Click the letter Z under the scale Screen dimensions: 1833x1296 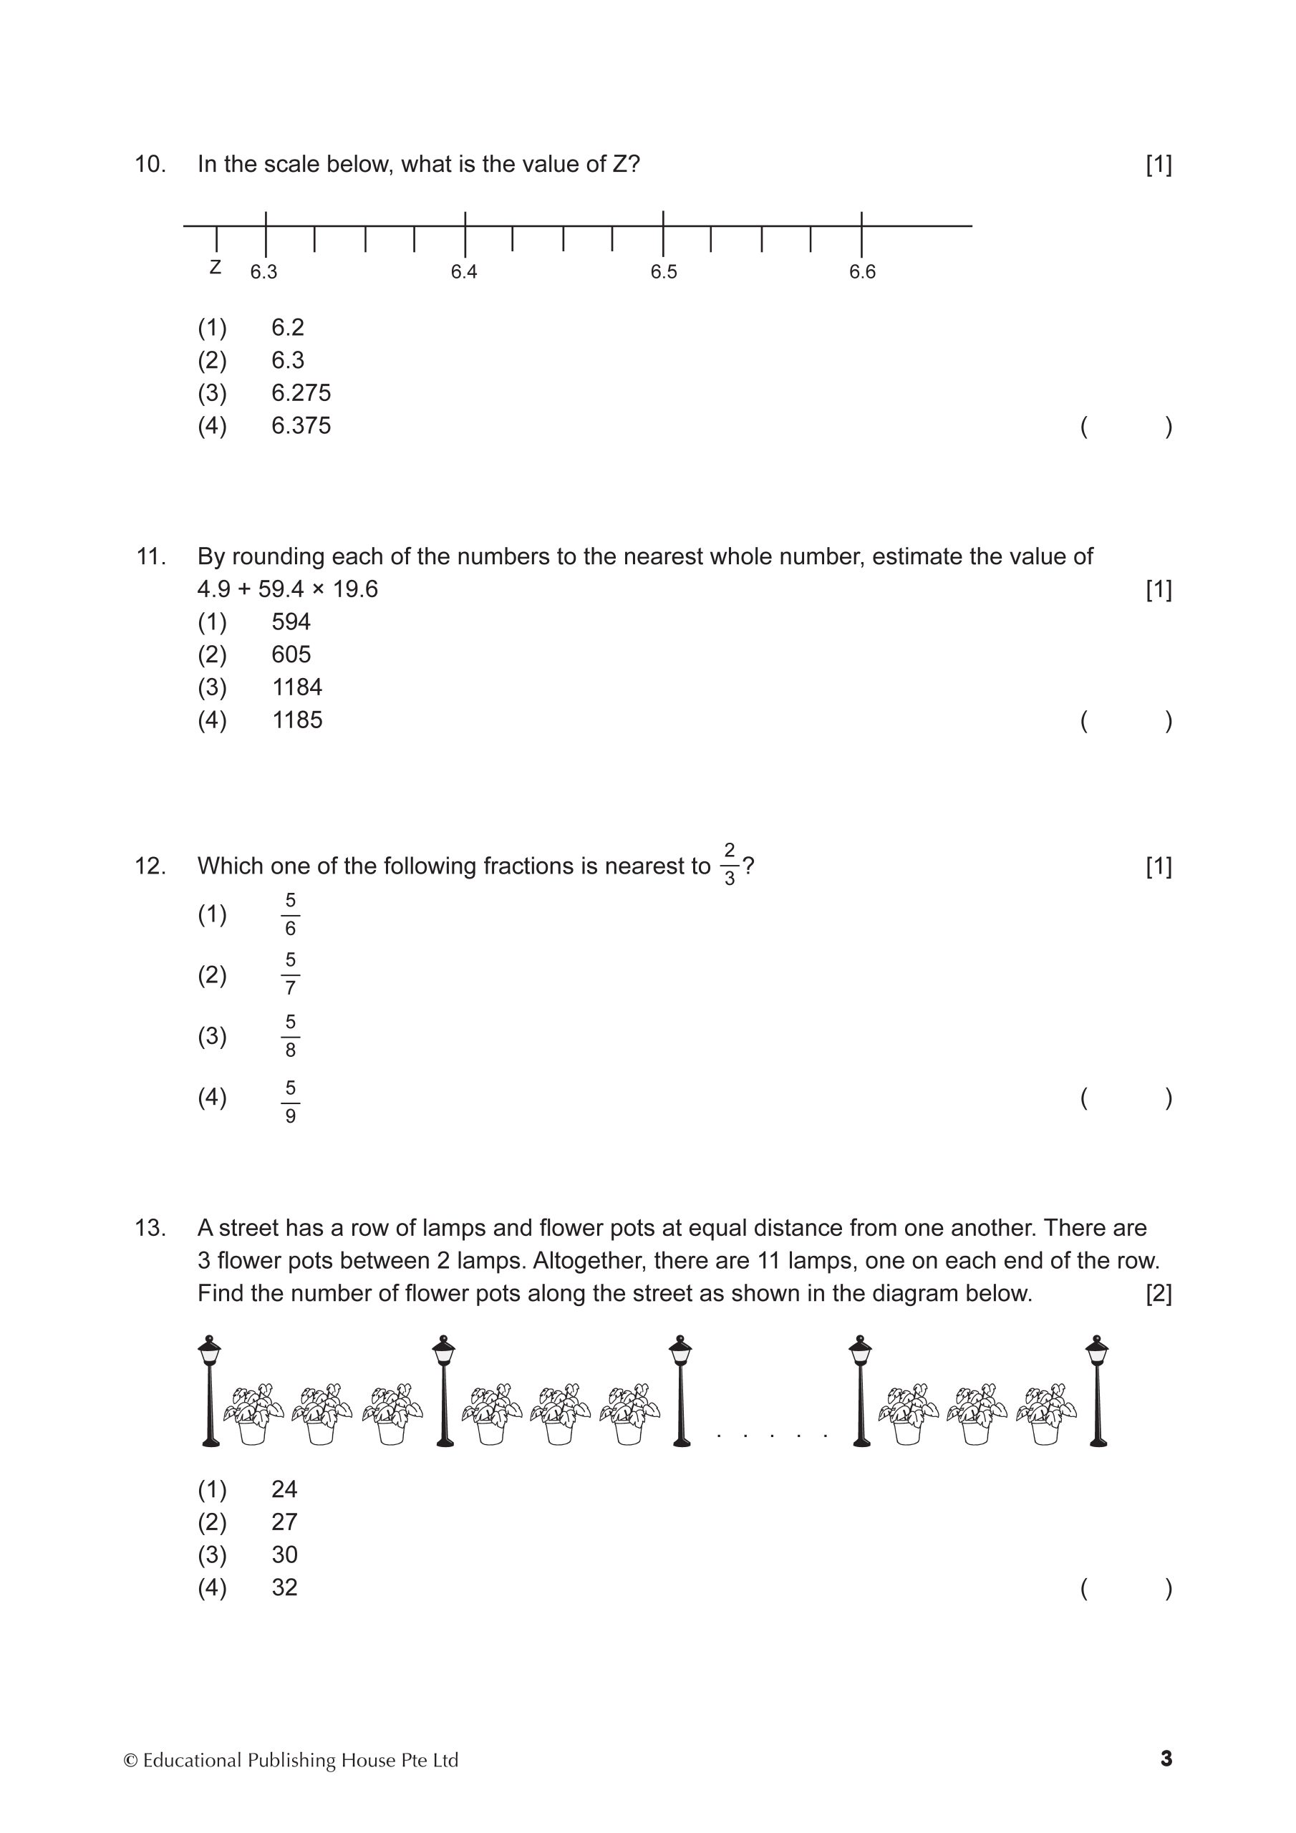click(x=215, y=268)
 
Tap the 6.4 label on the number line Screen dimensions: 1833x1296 click(x=463, y=272)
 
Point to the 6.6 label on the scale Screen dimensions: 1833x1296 click(x=862, y=272)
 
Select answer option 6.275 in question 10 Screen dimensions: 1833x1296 click(x=300, y=393)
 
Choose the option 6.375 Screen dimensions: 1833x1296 click(x=300, y=425)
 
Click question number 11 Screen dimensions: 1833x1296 click(x=151, y=556)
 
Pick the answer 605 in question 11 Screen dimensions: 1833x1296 click(x=291, y=654)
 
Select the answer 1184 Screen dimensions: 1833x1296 click(x=297, y=687)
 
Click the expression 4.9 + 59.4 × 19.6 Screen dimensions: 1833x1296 click(x=287, y=589)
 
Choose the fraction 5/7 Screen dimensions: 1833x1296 click(x=290, y=974)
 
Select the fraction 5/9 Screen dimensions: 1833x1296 click(x=290, y=1102)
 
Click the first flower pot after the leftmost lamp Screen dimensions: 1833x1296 click(x=253, y=1414)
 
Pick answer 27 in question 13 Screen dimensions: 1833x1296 click(x=284, y=1522)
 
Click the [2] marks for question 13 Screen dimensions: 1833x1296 click(x=1159, y=1293)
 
